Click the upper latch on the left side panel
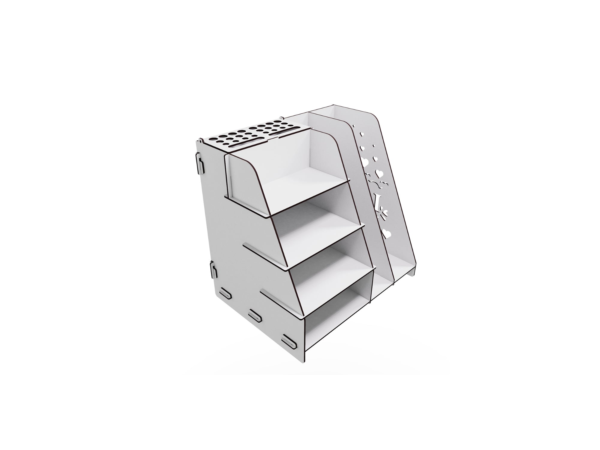pos(199,163)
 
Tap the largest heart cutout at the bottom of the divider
pos(387,233)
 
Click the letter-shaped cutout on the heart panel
pos(377,199)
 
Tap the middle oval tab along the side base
pos(255,316)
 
